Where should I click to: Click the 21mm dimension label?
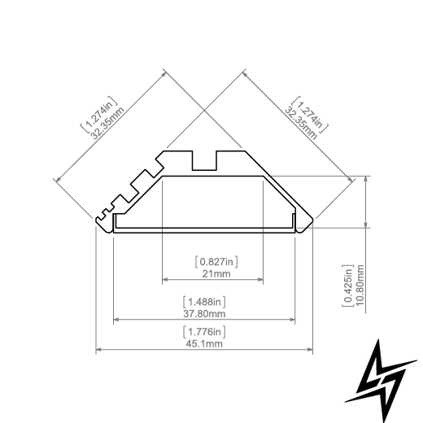[x=216, y=274]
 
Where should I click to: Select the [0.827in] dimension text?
[x=216, y=262]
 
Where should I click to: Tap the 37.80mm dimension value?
[x=204, y=314]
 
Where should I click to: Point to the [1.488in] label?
[x=204, y=302]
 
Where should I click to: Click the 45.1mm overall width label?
[x=204, y=344]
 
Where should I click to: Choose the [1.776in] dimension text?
[x=204, y=332]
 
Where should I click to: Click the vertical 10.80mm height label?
[x=360, y=285]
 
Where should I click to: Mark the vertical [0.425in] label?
[x=348, y=286]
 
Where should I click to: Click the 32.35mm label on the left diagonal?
[x=108, y=123]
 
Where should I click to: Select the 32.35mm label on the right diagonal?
[x=301, y=123]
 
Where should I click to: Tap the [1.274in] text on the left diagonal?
[x=99, y=115]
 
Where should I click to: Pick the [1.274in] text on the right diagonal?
[x=310, y=115]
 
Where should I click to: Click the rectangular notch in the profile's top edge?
[x=204, y=160]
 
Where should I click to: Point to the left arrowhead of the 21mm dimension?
[x=164, y=280]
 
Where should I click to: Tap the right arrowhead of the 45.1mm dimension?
[x=310, y=350]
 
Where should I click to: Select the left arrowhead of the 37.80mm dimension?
[x=116, y=320]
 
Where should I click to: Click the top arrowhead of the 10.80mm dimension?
[x=366, y=179]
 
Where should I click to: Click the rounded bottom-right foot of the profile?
[x=304, y=225]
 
